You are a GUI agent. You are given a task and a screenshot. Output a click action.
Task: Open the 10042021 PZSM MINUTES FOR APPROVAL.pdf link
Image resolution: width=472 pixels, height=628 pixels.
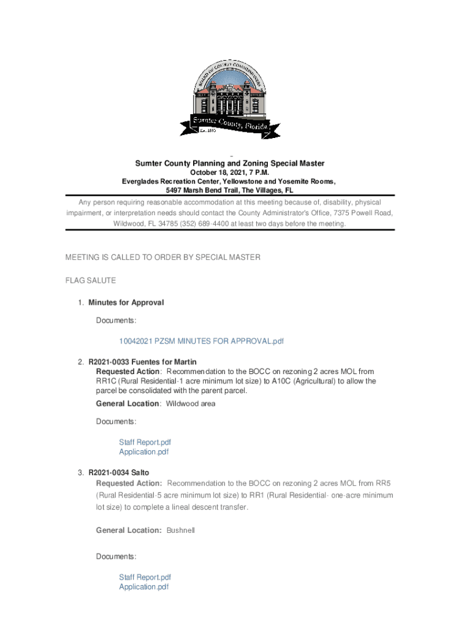[202, 341]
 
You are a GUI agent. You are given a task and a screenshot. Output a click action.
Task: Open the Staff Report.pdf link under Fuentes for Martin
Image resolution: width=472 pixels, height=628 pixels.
[145, 442]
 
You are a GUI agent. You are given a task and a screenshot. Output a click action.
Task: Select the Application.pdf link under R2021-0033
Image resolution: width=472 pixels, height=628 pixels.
[143, 452]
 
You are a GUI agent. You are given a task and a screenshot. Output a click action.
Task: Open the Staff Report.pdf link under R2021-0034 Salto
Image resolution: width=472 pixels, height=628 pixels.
[145, 577]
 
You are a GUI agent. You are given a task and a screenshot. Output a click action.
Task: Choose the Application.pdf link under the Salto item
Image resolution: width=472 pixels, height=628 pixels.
[143, 587]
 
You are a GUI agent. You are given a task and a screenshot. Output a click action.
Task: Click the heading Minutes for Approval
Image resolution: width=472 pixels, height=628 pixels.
[126, 302]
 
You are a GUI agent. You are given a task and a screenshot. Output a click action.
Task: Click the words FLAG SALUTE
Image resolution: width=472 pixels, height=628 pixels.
[91, 280]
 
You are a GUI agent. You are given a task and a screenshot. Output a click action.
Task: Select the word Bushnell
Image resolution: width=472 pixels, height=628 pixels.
[181, 530]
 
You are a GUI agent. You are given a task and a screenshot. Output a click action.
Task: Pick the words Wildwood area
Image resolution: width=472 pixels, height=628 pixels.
[191, 404]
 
